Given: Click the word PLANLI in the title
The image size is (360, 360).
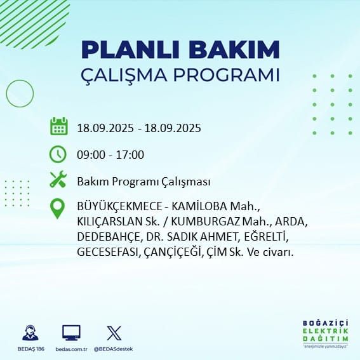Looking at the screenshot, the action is pyautogui.click(x=130, y=50).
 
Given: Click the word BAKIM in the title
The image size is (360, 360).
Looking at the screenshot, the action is pyautogui.click(x=234, y=50).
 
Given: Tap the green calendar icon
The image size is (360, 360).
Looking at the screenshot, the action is pyautogui.click(x=59, y=126).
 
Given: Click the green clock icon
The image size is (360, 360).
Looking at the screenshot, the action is pyautogui.click(x=58, y=154).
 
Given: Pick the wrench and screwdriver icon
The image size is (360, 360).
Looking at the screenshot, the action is pyautogui.click(x=58, y=179).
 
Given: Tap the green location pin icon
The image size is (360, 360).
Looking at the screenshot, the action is pyautogui.click(x=57, y=208).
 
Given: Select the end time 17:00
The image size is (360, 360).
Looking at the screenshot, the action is pyautogui.click(x=130, y=155).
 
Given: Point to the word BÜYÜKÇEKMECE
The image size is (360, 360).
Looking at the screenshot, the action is pyautogui.click(x=119, y=206).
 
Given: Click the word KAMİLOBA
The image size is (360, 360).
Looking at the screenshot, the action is pyautogui.click(x=199, y=206).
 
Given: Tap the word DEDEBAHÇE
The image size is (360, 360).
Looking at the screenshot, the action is pyautogui.click(x=109, y=237).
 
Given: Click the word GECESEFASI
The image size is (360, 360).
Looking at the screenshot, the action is pyautogui.click(x=107, y=252).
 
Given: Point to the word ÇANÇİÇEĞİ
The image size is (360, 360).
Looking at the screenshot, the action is pyautogui.click(x=171, y=252).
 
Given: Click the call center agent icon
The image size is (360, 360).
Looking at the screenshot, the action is pyautogui.click(x=30, y=333).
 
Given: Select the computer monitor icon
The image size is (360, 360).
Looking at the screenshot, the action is pyautogui.click(x=71, y=333).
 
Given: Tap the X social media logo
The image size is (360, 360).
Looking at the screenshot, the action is pyautogui.click(x=114, y=333).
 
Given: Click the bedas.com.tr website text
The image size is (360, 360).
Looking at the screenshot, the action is pyautogui.click(x=71, y=349).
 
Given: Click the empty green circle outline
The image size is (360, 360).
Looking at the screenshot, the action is pyautogui.click(x=6, y=93).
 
